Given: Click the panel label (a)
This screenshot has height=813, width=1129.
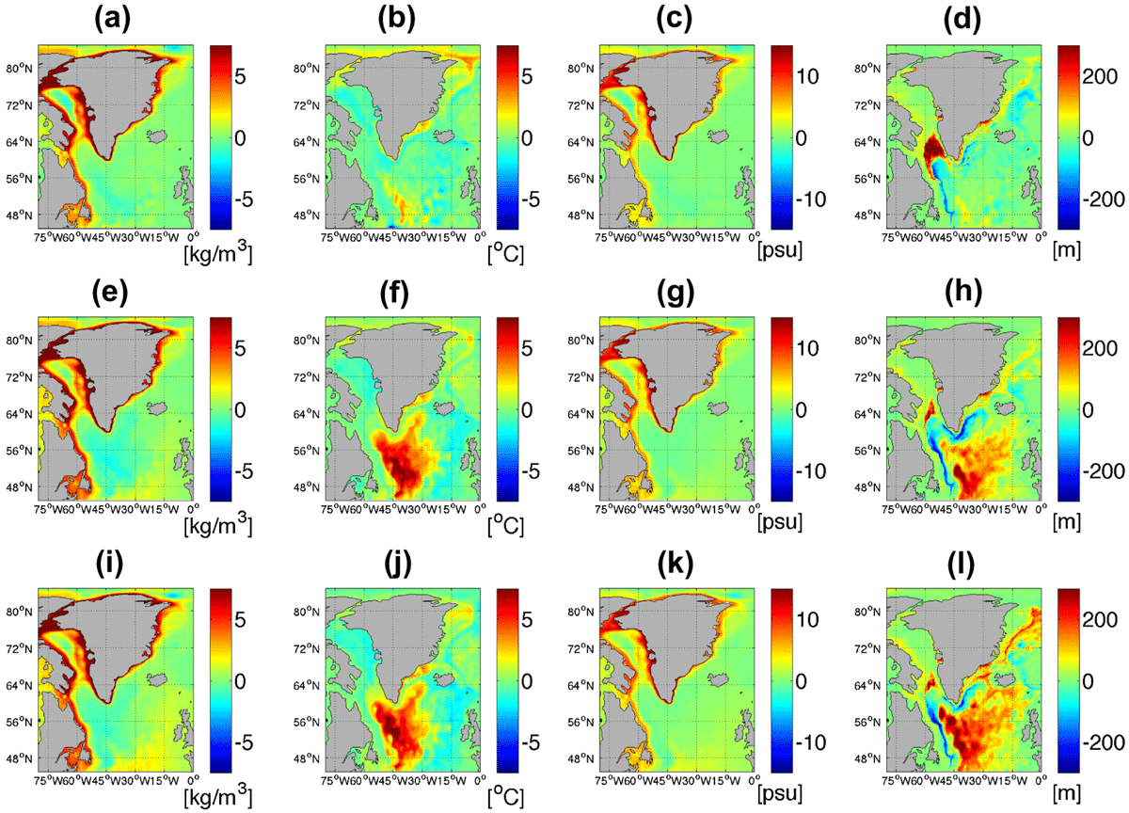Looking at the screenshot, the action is coord(112,20).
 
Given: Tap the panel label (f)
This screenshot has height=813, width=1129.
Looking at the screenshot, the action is coord(395,294).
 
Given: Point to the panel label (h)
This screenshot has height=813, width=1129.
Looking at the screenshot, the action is coord(963,294).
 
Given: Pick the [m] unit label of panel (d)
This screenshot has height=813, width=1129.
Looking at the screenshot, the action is coord(1067,251).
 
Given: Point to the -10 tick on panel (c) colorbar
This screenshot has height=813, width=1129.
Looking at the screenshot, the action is coord(811,199).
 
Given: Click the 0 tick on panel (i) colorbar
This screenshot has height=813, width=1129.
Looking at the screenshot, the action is coord(241,681).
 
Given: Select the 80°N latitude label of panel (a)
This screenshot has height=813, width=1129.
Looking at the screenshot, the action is coord(19,69).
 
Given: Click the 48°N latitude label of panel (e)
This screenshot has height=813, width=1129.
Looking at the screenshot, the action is coord(19,486).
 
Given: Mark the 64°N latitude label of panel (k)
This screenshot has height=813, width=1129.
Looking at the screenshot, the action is coord(580,685).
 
